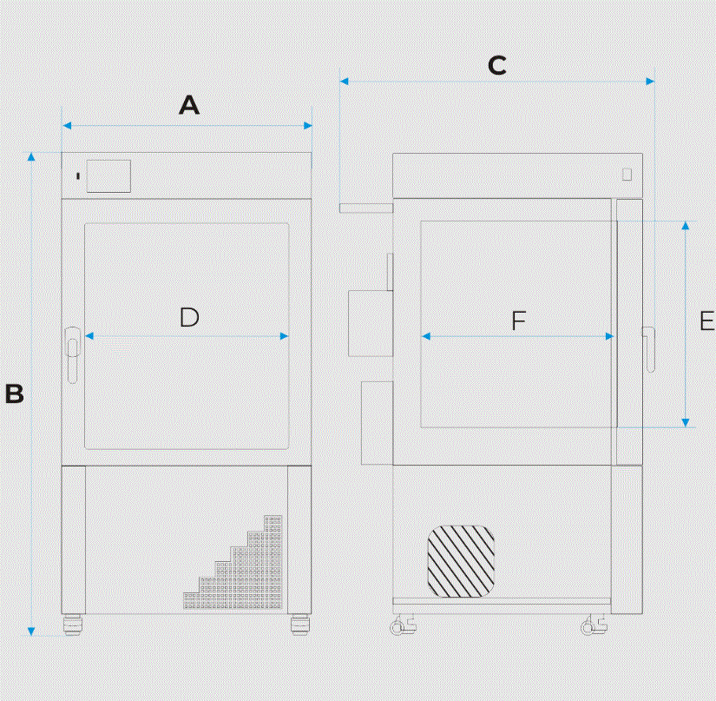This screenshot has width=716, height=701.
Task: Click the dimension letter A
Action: [x=189, y=105]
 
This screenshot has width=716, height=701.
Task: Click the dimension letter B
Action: [x=14, y=393]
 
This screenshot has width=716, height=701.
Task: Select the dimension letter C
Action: [x=496, y=65]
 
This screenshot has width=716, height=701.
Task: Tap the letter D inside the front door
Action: [x=189, y=317]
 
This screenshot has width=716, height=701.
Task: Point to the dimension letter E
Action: [x=706, y=321]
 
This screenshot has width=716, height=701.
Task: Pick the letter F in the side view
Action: [x=519, y=321]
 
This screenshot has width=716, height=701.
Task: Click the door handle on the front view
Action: [x=72, y=354]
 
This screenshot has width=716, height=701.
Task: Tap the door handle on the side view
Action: [x=648, y=349]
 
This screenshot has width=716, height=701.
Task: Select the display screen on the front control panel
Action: [x=108, y=176]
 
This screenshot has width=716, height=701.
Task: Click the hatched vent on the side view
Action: [x=461, y=561]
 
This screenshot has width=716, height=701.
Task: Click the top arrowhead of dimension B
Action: [x=31, y=156]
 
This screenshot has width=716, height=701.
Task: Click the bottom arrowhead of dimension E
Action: [x=686, y=422]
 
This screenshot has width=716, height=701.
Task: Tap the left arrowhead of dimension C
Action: [x=345, y=82]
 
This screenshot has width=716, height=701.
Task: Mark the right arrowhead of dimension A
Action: [x=308, y=126]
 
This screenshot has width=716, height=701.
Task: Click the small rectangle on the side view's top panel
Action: [x=627, y=174]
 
